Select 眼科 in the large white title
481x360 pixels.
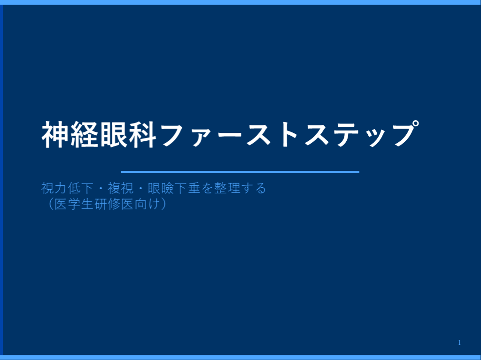128,135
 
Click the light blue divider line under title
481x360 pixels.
240,172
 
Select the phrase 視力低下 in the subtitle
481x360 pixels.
67,189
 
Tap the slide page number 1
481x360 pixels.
459,343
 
